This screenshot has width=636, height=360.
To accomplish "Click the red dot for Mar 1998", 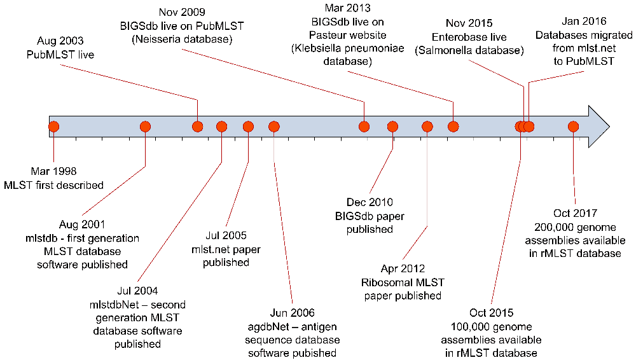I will click(x=53, y=127).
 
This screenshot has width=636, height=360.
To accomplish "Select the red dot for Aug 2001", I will click(x=145, y=127).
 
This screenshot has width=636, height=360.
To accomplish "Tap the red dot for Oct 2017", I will click(x=573, y=127).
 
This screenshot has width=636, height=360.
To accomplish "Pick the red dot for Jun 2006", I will click(x=273, y=127).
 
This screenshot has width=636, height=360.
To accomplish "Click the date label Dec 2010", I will click(x=370, y=204).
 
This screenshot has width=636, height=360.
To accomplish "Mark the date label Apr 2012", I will click(x=403, y=269).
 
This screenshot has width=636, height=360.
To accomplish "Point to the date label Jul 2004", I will click(x=137, y=293).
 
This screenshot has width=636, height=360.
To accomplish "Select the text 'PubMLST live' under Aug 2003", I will click(x=61, y=55).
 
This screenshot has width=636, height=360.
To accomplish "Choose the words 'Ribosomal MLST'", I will click(x=403, y=282).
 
